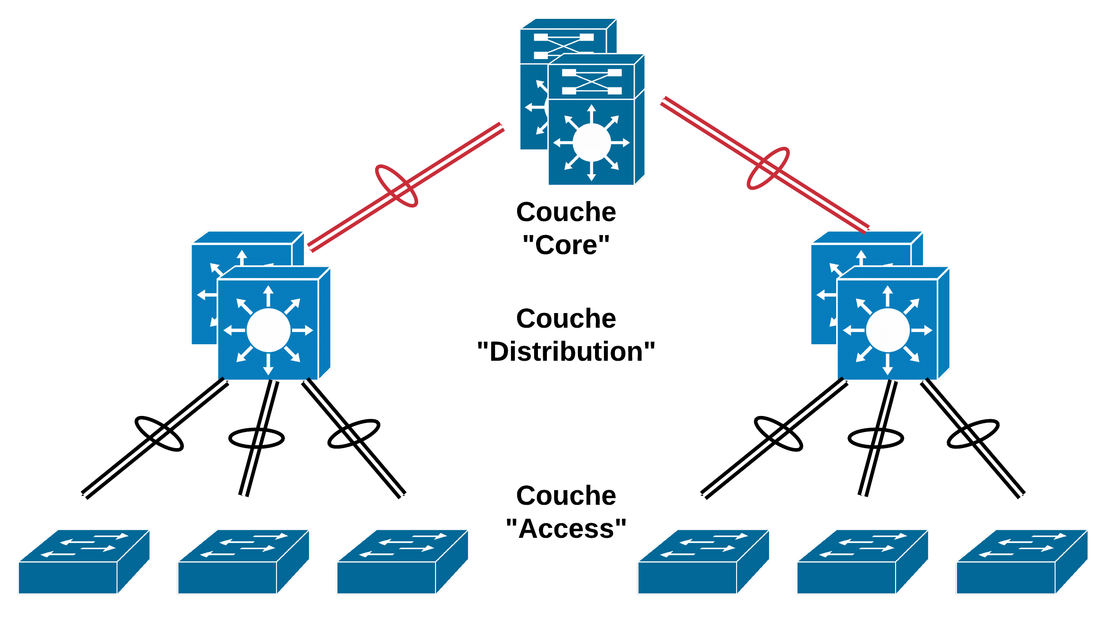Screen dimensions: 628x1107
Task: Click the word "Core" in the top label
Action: [x=566, y=245]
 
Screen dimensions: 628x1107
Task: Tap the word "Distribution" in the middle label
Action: [x=566, y=352]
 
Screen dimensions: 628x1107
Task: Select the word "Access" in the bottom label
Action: [x=566, y=528]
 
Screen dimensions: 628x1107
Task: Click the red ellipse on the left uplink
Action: [x=396, y=186]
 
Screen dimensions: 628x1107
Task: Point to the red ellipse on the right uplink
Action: [x=768, y=168]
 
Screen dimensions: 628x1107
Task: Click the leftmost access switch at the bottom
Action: [x=83, y=562]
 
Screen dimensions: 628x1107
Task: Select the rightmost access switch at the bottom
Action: [x=1021, y=562]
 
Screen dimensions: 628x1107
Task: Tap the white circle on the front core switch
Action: [x=591, y=143]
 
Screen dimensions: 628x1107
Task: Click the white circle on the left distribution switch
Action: [x=268, y=330]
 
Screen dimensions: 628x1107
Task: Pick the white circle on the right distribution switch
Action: [x=888, y=330]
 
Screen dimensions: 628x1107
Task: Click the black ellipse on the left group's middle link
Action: [x=256, y=438]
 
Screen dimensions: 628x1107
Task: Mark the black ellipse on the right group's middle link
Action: [x=875, y=438]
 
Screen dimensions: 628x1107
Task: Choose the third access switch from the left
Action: [x=402, y=562]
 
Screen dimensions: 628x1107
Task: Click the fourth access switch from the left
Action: [x=703, y=562]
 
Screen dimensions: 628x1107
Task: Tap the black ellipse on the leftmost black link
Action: [x=159, y=434]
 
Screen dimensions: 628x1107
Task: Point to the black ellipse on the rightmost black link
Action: [x=973, y=433]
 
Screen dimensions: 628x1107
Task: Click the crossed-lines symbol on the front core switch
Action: [x=591, y=82]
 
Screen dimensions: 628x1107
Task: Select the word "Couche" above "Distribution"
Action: [x=566, y=319]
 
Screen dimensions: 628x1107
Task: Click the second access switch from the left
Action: [x=243, y=562]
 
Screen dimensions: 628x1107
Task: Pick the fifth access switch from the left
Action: [x=862, y=562]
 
